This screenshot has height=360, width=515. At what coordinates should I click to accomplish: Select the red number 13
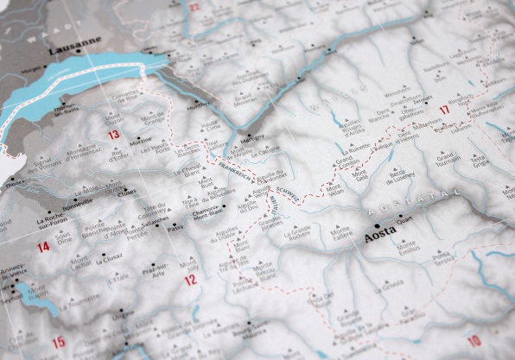tap(113, 136)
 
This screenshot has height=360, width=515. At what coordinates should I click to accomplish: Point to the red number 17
tap(445, 110)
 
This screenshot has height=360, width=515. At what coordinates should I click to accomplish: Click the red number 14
tap(42, 248)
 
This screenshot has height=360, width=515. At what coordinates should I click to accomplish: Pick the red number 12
tap(190, 280)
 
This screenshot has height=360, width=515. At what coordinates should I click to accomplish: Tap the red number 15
tap(58, 343)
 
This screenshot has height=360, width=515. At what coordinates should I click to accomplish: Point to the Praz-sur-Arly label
tap(157, 269)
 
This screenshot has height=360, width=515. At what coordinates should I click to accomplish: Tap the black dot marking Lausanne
tap(78, 50)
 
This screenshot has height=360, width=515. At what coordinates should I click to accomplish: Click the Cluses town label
tap(127, 193)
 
